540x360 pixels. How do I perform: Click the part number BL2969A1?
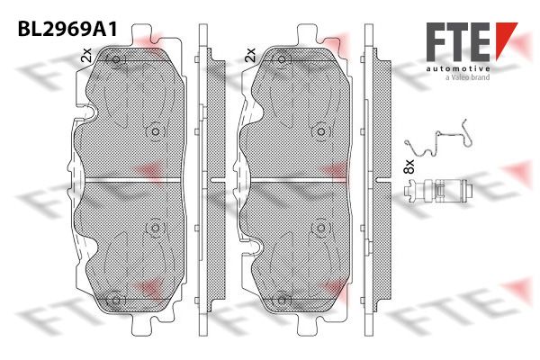[x=67, y=30]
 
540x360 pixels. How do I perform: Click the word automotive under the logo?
[x=458, y=69]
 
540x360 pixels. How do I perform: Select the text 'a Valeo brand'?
[x=467, y=78]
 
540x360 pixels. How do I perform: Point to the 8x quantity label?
[x=409, y=166]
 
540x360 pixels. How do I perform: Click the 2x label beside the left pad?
[x=86, y=55]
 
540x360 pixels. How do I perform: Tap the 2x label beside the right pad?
[x=250, y=55]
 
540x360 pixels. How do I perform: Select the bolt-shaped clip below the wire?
[x=437, y=190]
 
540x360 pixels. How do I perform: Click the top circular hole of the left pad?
[x=116, y=59]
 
